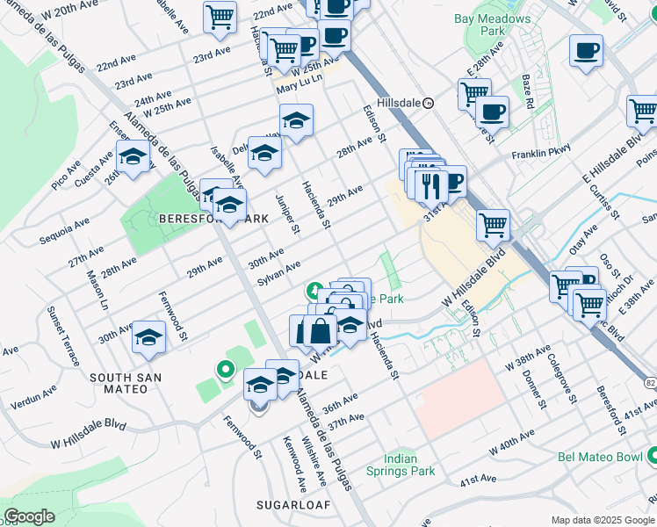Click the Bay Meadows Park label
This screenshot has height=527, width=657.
click(493, 24)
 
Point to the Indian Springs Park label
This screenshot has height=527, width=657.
click(412, 465)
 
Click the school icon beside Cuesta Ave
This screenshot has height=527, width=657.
click(133, 158)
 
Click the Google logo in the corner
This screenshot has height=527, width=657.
click(29, 516)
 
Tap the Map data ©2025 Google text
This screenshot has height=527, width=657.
click(603, 520)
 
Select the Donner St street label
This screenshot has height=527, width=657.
click(531, 386)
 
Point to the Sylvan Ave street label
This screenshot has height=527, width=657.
click(278, 272)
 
